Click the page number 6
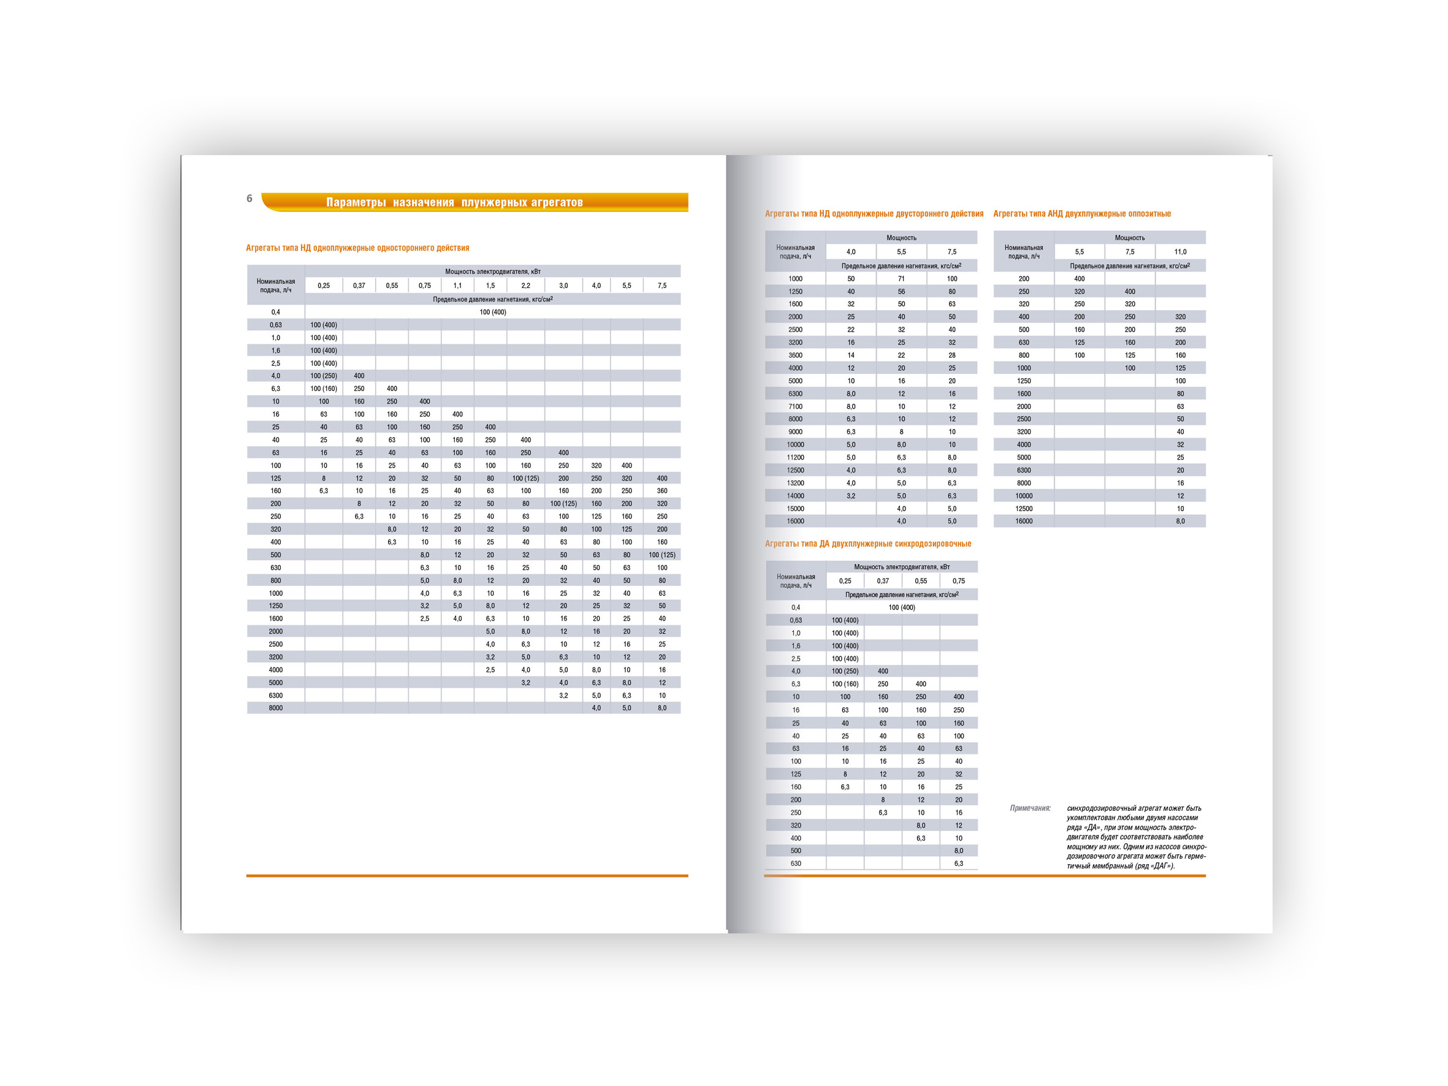coord(250,199)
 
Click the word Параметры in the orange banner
coord(356,202)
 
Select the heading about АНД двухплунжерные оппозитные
coord(1082,213)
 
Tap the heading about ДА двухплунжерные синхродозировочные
coord(868,544)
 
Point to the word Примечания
coord(1030,808)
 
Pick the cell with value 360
coord(662,490)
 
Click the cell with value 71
coord(901,278)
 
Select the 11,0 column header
coord(1180,251)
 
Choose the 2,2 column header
coord(525,286)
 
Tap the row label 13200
coord(795,482)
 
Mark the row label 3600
coord(795,355)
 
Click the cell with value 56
coord(901,291)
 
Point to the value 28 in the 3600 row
coord(952,355)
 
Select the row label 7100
coord(795,406)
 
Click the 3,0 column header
coord(563,286)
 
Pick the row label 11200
coord(795,457)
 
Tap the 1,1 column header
coord(457,286)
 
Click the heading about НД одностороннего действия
coord(357,248)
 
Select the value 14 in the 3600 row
coord(851,355)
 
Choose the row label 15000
coord(795,508)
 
